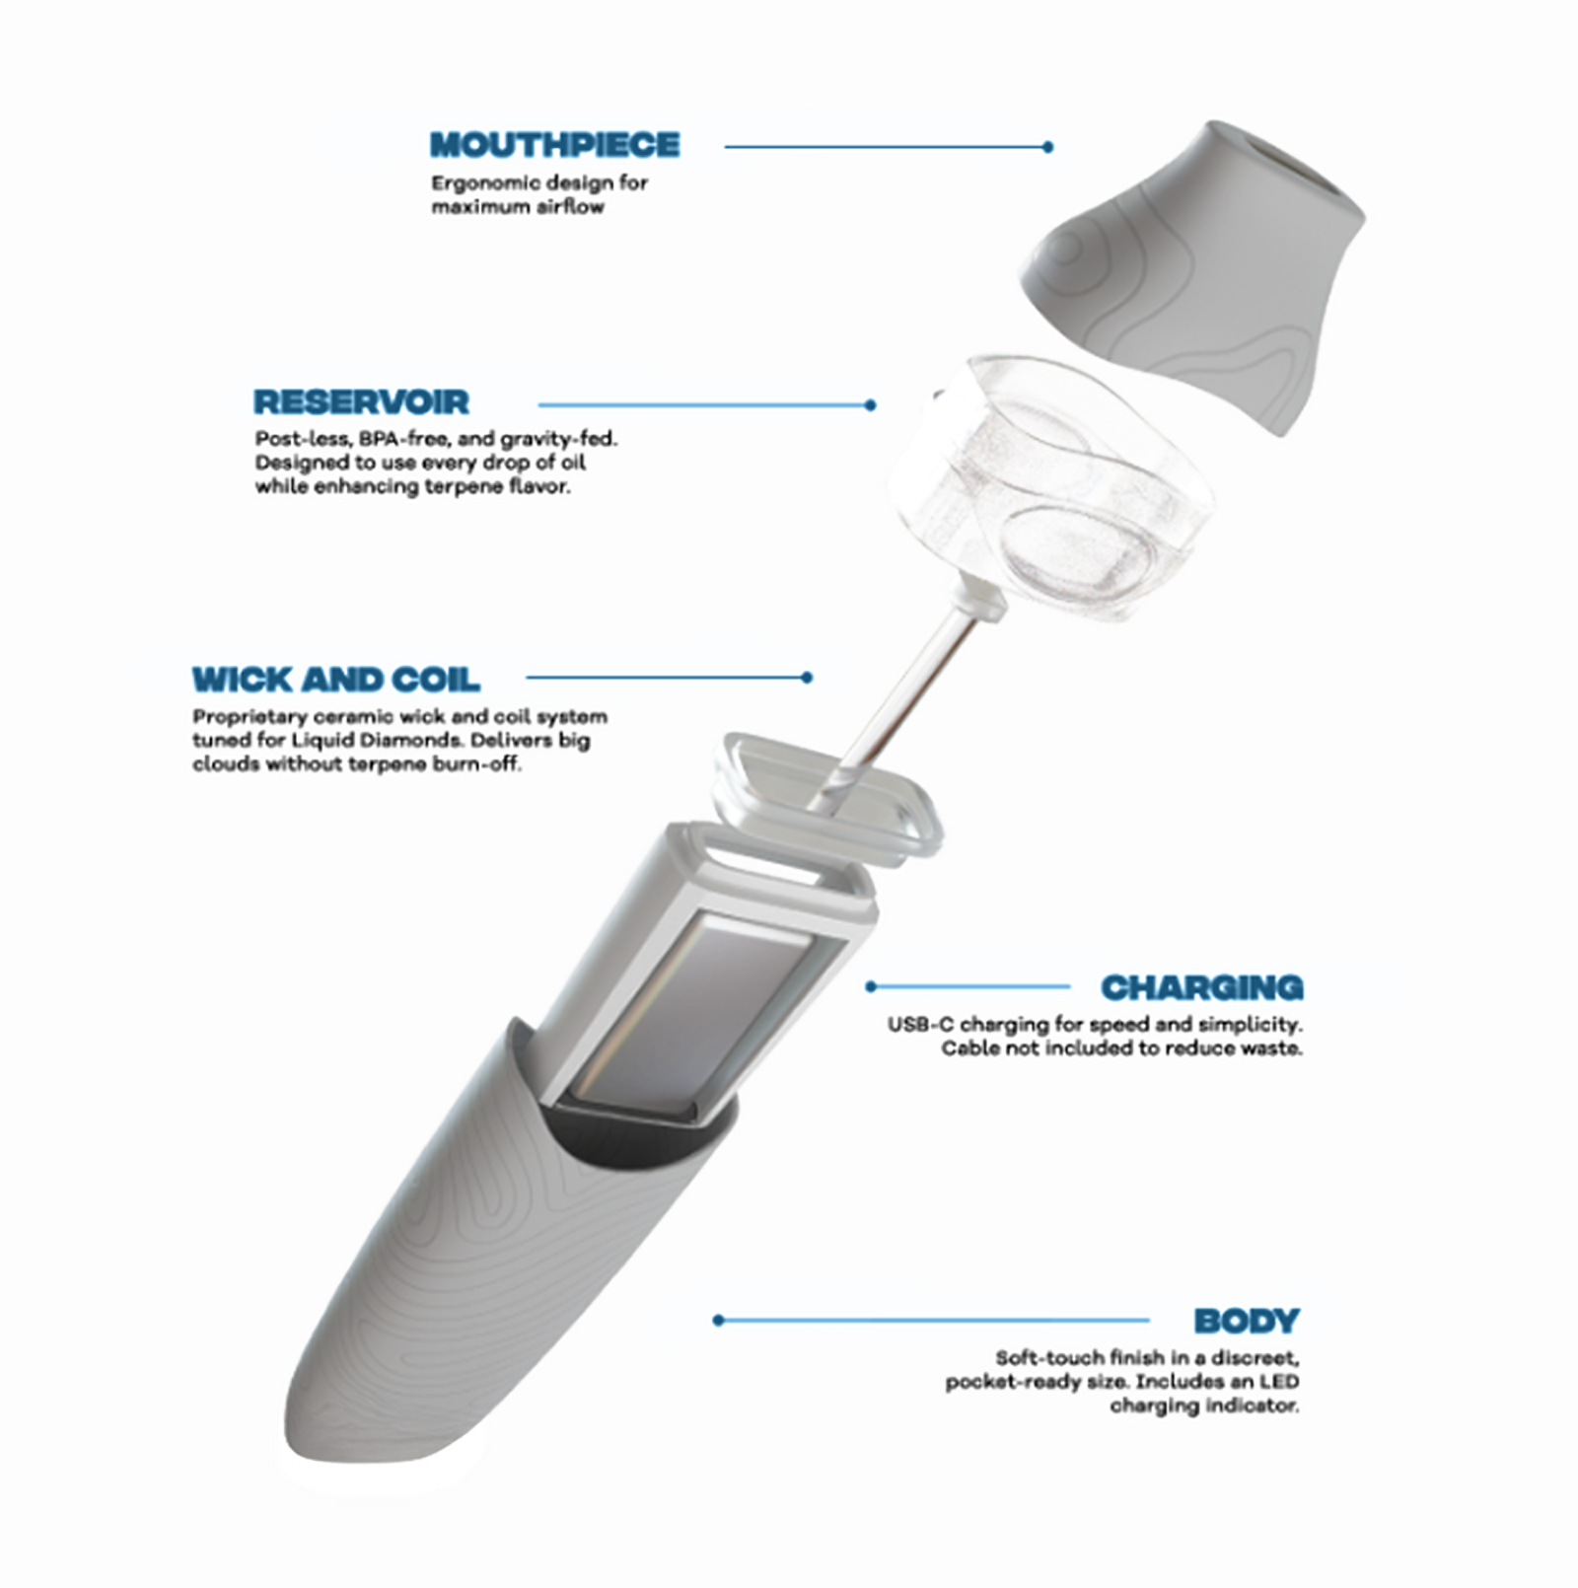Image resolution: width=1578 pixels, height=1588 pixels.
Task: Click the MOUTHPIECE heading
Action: point(555,145)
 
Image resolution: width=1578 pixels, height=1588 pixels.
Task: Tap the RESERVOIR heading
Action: point(361,402)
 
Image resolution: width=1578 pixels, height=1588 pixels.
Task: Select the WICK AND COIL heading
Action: point(336,680)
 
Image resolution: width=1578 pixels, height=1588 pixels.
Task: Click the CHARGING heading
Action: point(1201,987)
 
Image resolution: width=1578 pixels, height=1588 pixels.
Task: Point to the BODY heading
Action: point(1247,1321)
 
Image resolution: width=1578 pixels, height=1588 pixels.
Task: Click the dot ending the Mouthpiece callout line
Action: point(1047,147)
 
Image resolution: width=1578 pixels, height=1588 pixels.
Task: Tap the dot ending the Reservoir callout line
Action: point(870,404)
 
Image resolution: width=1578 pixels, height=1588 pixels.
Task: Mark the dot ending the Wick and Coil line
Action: point(808,678)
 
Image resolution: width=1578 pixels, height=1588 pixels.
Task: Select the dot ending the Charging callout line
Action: point(871,986)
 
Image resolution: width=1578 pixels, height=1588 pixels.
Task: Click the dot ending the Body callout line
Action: point(718,1320)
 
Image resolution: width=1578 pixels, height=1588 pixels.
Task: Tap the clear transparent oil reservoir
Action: point(1050,488)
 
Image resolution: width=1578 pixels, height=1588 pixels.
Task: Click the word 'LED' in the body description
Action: point(1279,1382)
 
